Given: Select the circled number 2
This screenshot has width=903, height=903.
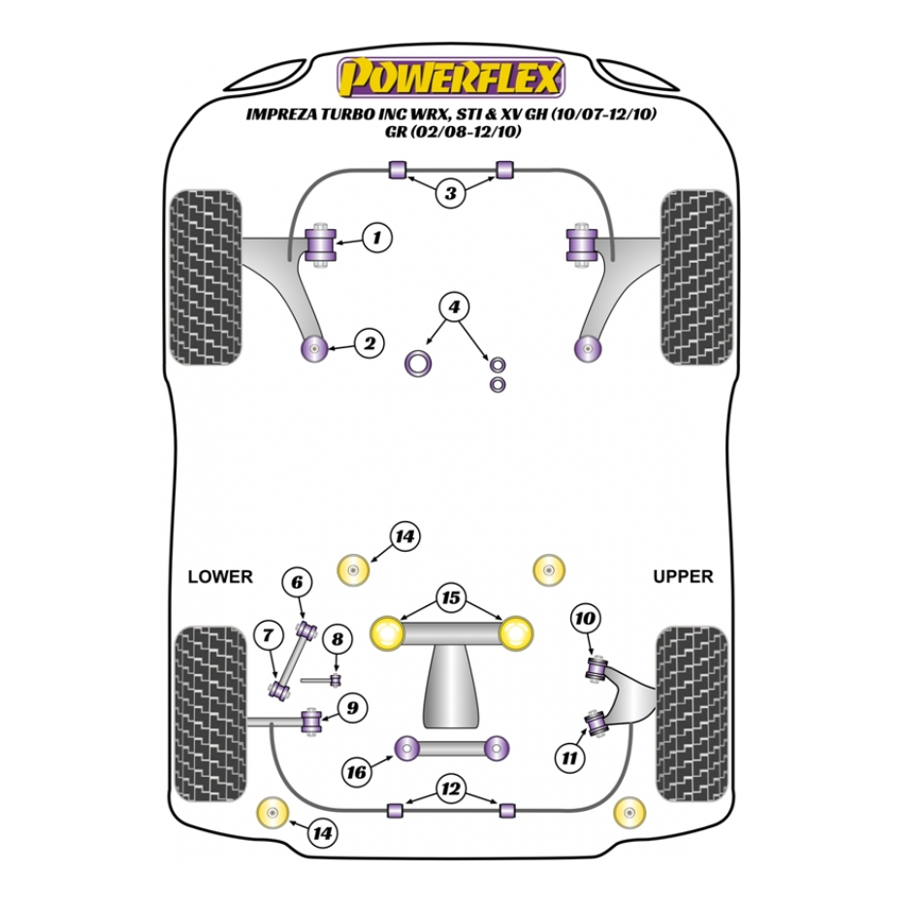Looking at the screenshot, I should coord(369,342).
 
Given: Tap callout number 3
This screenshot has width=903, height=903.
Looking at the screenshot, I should coord(449,193).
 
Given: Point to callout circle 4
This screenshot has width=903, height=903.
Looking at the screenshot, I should coord(451,307).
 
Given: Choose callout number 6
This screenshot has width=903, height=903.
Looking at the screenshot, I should coord(297,582).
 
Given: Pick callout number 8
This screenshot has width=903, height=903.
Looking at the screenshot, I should coord(337,639).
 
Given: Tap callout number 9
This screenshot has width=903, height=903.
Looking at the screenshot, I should coord(351,708).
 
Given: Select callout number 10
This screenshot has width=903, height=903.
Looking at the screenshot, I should coord(585,617).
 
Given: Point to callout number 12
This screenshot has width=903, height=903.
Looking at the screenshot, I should coord(449,790).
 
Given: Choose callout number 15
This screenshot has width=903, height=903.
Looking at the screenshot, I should coord(450,598).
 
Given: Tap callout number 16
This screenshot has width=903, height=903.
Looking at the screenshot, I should coord(357,772).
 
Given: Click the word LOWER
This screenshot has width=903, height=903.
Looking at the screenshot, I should coord(219,576).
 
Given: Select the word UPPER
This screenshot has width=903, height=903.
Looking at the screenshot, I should coord(682,576).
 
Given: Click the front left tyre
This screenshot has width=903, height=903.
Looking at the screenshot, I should coord(206,276).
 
